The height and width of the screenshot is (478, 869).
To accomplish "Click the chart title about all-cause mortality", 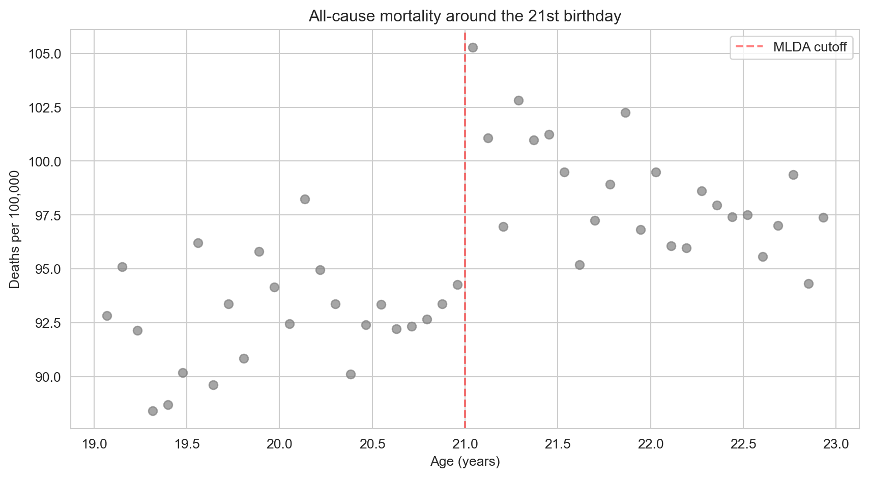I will point(465,16).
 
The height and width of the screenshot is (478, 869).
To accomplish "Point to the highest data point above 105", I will point(473,47).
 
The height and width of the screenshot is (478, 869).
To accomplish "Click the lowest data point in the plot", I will point(153,411).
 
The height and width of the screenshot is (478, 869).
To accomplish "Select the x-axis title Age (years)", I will point(465,462).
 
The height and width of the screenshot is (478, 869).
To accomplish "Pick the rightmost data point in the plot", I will point(823,217).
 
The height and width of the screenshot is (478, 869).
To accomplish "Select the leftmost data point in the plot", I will point(107,316).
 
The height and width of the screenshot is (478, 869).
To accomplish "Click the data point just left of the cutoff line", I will point(457,285).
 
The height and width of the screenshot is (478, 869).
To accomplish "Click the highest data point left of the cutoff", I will point(305,199).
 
